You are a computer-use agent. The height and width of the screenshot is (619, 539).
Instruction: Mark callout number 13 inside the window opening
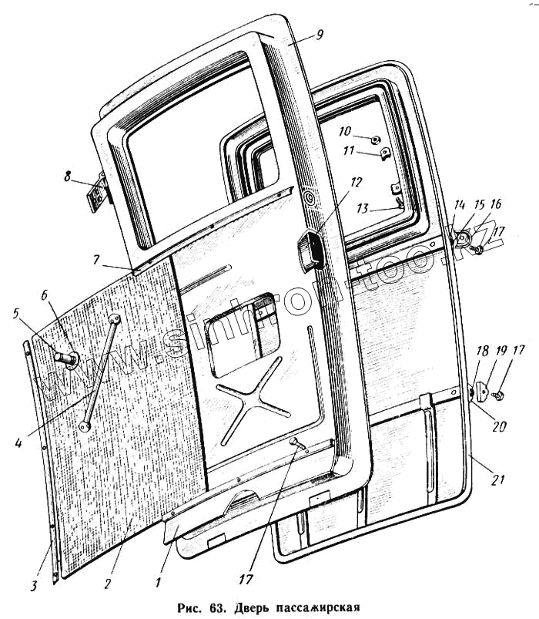tap(363, 208)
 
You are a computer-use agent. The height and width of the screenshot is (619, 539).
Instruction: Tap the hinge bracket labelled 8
tap(96, 194)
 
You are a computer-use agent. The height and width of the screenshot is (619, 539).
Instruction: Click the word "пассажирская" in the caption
tap(315, 607)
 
